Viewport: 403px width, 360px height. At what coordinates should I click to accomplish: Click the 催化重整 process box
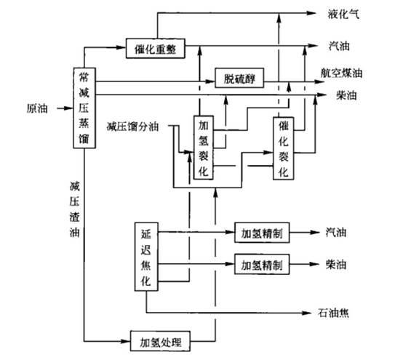156,49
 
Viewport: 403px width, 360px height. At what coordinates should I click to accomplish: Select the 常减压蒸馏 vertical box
84,108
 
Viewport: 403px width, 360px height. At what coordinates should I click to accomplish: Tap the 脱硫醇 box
239,78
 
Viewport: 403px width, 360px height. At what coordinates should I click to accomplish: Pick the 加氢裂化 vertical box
203,148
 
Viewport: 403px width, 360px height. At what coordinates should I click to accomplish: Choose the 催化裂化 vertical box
284,148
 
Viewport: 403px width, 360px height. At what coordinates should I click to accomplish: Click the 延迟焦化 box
146,257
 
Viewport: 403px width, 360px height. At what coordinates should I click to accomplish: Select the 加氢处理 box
160,341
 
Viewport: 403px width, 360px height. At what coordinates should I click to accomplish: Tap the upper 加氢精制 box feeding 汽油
262,233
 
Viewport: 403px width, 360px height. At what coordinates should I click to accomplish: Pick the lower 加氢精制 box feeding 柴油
262,264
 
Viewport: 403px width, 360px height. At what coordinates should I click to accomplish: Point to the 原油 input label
37,108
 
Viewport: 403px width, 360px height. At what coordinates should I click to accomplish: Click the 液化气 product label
343,14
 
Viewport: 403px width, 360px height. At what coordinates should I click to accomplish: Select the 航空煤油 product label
342,73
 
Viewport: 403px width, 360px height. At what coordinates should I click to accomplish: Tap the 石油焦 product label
333,313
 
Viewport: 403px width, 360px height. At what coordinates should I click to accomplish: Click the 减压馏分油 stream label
132,127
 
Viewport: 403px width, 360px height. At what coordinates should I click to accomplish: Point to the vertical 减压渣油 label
74,209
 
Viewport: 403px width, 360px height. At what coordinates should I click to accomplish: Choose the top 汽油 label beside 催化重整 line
339,46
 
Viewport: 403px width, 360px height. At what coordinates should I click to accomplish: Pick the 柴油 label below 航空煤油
346,95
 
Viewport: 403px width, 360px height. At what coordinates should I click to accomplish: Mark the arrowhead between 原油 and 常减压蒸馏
68,108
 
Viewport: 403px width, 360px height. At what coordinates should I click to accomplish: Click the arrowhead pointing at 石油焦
307,313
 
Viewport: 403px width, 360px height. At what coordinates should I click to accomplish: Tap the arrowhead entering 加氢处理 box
126,341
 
